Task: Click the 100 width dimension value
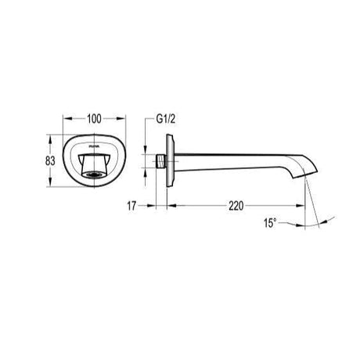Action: point(94,120)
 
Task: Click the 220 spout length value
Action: point(236,207)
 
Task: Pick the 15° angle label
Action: point(269,223)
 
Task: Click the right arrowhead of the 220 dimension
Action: point(303,207)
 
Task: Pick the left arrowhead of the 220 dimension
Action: point(171,207)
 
